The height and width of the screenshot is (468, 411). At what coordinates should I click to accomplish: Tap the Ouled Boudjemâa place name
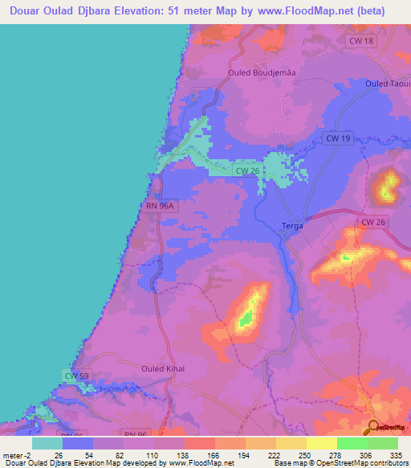pyautogui.click(x=254, y=73)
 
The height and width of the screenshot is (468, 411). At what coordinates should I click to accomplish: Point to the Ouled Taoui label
pyautogui.click(x=387, y=84)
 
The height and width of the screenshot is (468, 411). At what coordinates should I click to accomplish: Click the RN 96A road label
pyautogui.click(x=160, y=207)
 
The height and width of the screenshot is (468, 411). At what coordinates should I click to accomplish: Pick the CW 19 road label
pyautogui.click(x=338, y=138)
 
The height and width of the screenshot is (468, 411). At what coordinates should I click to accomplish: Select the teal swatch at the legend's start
pyautogui.click(x=47, y=443)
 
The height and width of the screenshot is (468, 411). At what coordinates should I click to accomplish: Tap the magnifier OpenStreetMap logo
pyautogui.click(x=373, y=426)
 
